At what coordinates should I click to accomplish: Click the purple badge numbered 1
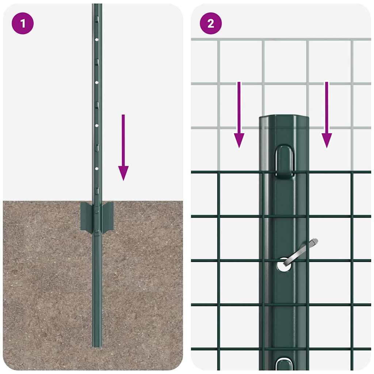click(x=23, y=24)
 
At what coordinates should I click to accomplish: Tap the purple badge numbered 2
click(x=211, y=24)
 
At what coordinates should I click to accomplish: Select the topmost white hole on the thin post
click(x=97, y=39)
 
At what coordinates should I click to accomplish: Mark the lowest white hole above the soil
click(x=97, y=169)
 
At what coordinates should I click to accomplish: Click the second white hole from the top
click(x=97, y=83)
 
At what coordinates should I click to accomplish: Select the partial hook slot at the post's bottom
click(x=285, y=365)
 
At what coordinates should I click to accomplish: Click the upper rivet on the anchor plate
click(x=97, y=211)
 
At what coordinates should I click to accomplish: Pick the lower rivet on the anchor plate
click(x=97, y=230)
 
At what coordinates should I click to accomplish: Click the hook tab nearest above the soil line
click(x=97, y=191)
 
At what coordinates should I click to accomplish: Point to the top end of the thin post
click(x=97, y=5)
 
